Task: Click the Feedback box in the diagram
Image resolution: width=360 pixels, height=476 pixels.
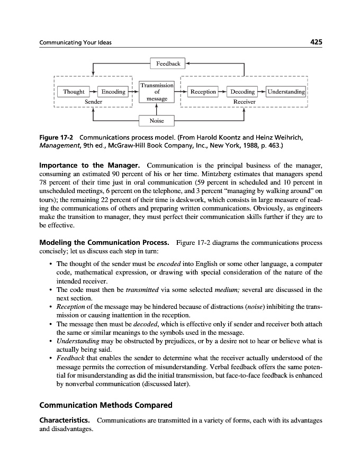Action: click(168, 64)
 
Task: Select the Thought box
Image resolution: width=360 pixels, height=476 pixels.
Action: click(74, 92)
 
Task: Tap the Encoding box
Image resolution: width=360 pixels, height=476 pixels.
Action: click(113, 92)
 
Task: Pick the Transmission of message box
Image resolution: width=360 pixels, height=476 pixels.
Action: click(157, 92)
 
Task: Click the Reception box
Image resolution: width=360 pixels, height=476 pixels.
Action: click(203, 92)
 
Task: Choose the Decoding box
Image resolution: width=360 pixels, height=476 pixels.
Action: click(242, 92)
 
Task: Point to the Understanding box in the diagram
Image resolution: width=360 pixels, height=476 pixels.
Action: click(286, 92)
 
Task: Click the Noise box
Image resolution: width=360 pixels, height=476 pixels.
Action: click(157, 121)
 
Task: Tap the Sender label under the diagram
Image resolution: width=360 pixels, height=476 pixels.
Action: click(94, 101)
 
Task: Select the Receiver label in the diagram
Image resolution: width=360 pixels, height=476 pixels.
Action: click(244, 101)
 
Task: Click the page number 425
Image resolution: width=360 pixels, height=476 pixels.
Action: click(314, 42)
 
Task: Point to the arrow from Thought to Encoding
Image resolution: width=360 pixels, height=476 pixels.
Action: click(92, 92)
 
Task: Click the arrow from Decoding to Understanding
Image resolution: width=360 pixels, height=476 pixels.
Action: click(261, 92)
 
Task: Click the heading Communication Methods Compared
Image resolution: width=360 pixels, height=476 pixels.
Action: click(106, 406)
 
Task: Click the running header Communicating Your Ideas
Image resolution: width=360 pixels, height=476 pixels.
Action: click(76, 42)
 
